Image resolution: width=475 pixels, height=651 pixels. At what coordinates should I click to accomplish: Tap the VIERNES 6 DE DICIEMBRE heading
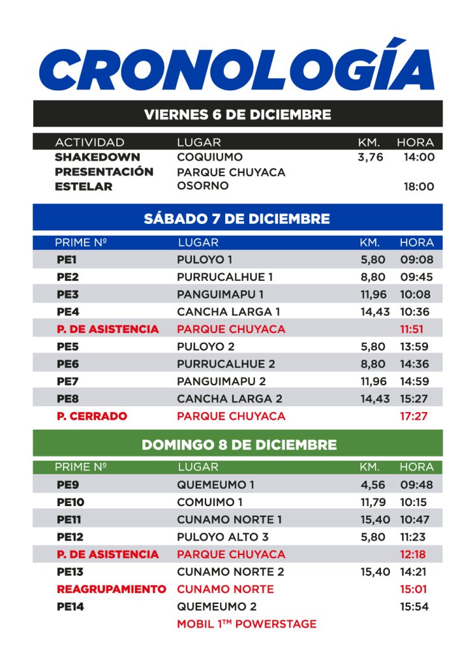coord(237,114)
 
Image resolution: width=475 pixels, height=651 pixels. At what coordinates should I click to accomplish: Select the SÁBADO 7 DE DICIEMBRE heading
coord(237,219)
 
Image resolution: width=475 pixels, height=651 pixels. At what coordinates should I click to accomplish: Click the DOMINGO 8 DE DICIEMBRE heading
coord(238,444)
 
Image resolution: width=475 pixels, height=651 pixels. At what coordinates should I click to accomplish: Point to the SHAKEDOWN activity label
coord(97,156)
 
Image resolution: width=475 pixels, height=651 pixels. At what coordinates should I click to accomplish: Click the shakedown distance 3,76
coord(371,156)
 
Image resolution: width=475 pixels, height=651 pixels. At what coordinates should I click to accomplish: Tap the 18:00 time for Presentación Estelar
coord(419,187)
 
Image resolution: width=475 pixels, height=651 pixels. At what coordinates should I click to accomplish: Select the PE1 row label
coord(67,259)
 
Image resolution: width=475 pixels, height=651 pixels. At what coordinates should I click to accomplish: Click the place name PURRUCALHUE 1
coord(225,277)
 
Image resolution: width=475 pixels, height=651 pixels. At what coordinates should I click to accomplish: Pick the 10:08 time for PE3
coord(415,294)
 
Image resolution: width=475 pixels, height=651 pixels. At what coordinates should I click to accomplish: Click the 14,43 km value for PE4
coord(375,312)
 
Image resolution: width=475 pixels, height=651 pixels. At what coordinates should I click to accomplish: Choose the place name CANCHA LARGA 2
coord(229,399)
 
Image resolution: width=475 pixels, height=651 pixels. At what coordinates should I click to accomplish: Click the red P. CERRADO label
coord(92,416)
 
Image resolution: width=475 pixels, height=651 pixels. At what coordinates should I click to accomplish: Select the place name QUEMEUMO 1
coord(216,484)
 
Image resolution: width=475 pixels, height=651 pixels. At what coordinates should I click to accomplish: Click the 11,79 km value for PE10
coord(373,502)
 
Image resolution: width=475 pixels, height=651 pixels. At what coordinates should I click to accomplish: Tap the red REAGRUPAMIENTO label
coord(111,589)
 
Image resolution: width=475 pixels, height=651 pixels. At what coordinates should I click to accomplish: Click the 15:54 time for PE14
coord(415,606)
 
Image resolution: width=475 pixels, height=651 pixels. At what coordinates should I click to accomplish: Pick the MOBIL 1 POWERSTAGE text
coord(247,624)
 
